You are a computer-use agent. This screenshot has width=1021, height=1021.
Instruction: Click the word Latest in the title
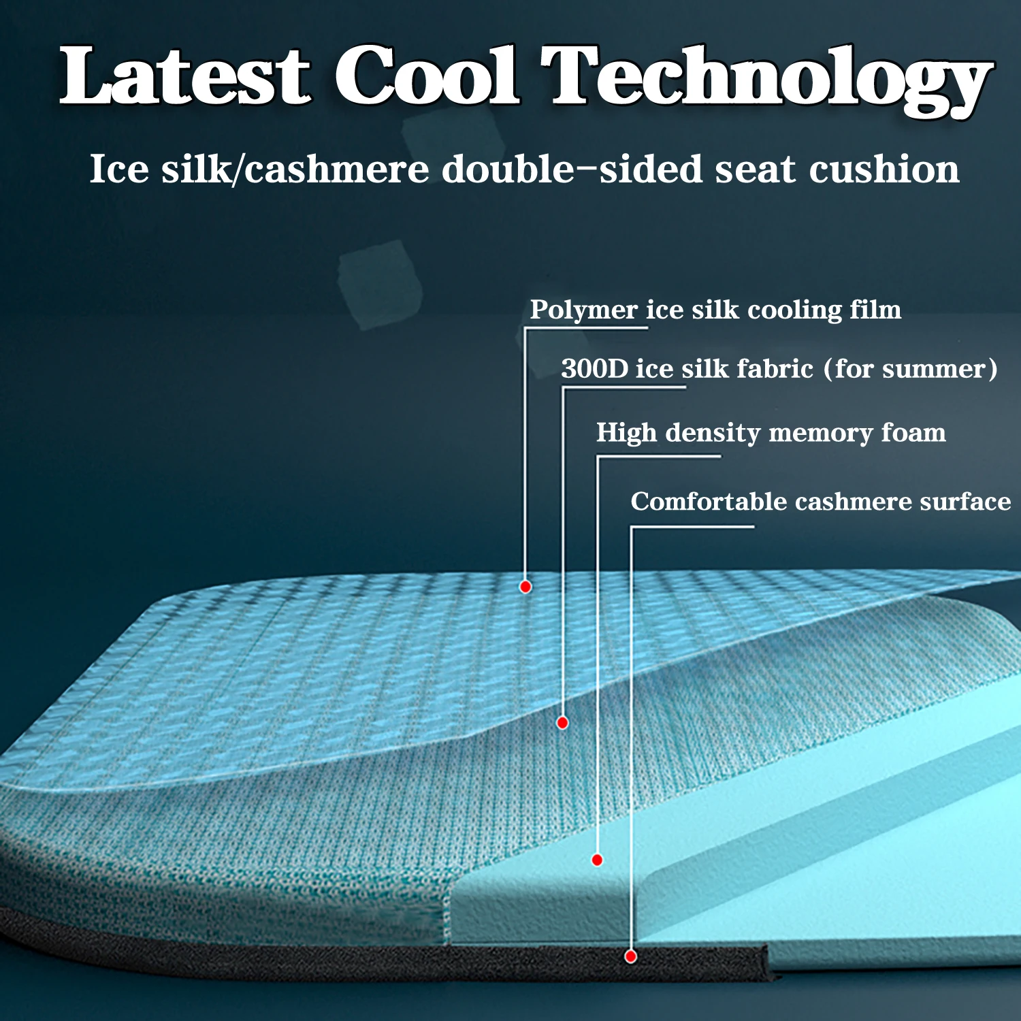coord(185,76)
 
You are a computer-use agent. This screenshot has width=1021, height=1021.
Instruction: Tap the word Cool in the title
coord(427,76)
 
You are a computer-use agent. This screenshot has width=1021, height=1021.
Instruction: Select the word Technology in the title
coord(768,80)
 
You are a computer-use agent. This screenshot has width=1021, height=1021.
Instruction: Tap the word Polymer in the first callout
coord(584,310)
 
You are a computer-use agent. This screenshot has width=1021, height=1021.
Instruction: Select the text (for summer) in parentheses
coord(911,369)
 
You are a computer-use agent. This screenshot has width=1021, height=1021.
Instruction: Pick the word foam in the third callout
coord(913,432)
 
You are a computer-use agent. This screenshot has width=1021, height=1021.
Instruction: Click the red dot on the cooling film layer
coord(525,587)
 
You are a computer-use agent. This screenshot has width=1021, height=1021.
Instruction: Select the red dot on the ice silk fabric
coord(562,723)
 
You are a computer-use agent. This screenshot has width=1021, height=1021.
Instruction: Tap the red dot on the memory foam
coord(597,860)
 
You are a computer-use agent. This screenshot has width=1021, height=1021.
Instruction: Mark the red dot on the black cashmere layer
coord(631,957)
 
